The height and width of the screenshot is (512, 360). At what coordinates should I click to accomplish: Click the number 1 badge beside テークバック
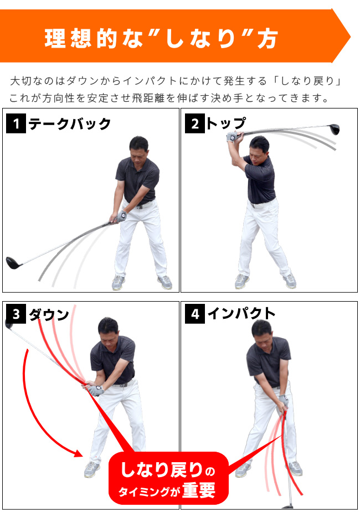click(x=16, y=123)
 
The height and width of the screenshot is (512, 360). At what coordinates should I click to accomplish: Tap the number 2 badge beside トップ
click(x=195, y=123)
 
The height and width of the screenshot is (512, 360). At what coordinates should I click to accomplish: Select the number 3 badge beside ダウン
click(x=16, y=314)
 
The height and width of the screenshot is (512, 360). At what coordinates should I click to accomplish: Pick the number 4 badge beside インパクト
click(x=195, y=314)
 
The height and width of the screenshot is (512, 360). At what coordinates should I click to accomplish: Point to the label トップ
click(x=225, y=123)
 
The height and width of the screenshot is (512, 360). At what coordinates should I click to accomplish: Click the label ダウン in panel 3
click(x=48, y=314)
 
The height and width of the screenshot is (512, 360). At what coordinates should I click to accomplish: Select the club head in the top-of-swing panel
click(x=333, y=130)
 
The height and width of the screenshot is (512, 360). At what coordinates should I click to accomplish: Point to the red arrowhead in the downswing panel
click(x=78, y=453)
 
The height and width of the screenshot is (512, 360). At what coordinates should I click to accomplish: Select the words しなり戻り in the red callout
click(x=161, y=470)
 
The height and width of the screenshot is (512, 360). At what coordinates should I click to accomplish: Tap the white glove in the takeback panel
click(x=122, y=216)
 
